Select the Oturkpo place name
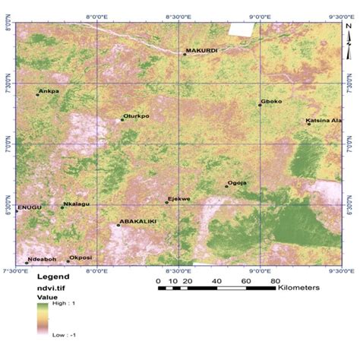point(137,116)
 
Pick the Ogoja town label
point(238,182)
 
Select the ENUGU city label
point(28,205)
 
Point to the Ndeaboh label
point(42,259)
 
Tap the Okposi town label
point(81,257)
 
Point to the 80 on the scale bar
point(274,282)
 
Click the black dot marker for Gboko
point(259,106)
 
